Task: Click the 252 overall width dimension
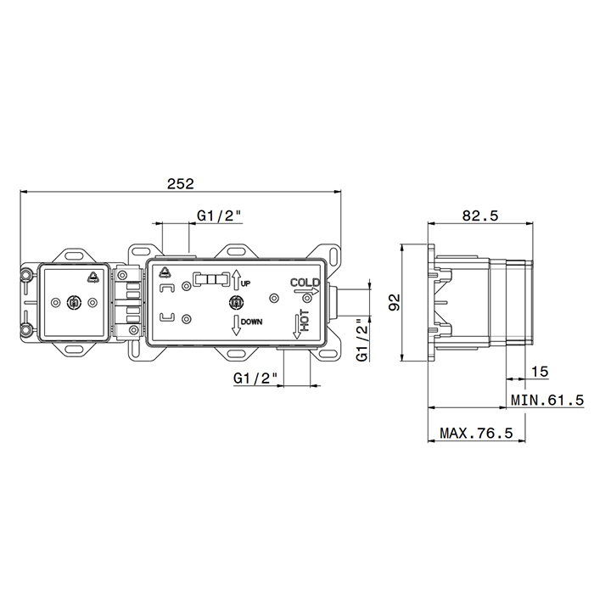pyautogui.click(x=181, y=184)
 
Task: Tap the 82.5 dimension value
pyautogui.click(x=480, y=216)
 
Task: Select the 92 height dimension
pyautogui.click(x=395, y=302)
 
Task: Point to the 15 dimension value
pyautogui.click(x=540, y=372)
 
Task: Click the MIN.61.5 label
pyautogui.click(x=547, y=400)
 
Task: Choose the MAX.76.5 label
pyautogui.click(x=476, y=433)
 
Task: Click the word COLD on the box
pyautogui.click(x=305, y=283)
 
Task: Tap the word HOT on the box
pyautogui.click(x=305, y=321)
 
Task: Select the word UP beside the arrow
pyautogui.click(x=245, y=283)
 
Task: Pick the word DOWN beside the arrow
pyautogui.click(x=251, y=322)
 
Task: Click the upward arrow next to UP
pyautogui.click(x=236, y=280)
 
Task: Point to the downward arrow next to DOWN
pyautogui.click(x=236, y=325)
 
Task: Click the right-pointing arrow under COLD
pyautogui.click(x=306, y=291)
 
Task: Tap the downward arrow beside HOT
pyautogui.click(x=297, y=327)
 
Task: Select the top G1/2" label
pyautogui.click(x=219, y=216)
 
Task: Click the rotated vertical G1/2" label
pyautogui.click(x=362, y=339)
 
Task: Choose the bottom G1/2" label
pyautogui.click(x=255, y=378)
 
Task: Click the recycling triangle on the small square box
pyautogui.click(x=92, y=277)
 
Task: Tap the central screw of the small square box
pyautogui.click(x=74, y=302)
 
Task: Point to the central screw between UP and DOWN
pyautogui.click(x=237, y=302)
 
